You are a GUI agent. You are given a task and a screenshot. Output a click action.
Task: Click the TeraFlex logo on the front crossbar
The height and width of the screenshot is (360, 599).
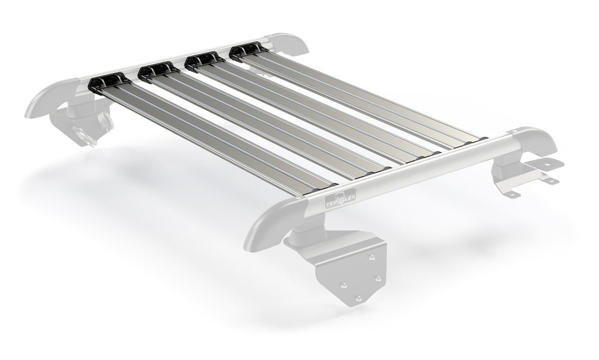point(340,198)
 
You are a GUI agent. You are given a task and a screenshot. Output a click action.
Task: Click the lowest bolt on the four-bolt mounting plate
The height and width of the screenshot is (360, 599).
point(359,298)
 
